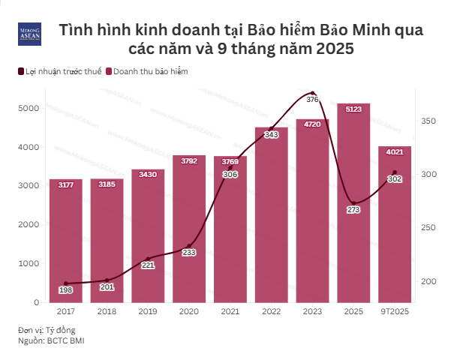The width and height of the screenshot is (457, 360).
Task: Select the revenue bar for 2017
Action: pos(66,240)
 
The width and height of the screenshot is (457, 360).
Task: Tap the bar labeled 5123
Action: pos(353,202)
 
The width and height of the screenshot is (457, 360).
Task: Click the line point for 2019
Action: pos(148,259)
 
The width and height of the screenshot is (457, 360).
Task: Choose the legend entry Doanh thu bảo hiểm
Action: pos(151,71)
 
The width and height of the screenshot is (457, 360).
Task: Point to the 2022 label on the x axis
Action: pos(271,311)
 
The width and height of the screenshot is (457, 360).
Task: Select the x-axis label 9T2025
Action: pos(395,311)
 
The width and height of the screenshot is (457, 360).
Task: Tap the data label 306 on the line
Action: pos(230,175)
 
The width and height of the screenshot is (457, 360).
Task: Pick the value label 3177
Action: pos(66,184)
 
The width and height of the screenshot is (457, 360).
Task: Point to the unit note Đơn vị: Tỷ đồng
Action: pos(47,330)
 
